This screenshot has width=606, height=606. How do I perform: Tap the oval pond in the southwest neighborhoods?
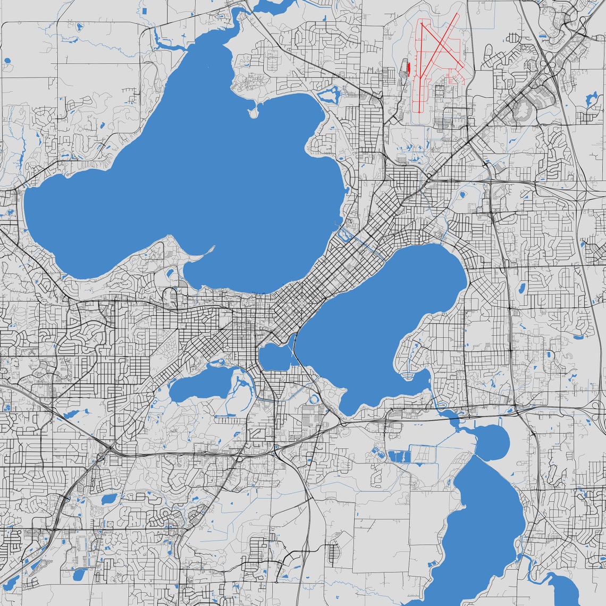[x=108, y=499]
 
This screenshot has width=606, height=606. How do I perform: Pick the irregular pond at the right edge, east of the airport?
[x=591, y=99]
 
